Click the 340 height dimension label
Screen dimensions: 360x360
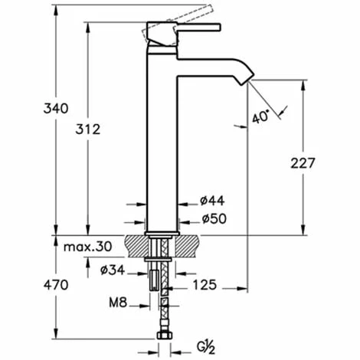tap(56, 108)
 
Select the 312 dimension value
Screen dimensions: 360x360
tap(88, 129)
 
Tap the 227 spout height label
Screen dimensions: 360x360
tap(303, 163)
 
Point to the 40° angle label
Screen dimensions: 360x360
tap(260, 116)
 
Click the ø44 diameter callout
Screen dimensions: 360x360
tap(212, 201)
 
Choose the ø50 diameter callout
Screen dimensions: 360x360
tap(214, 218)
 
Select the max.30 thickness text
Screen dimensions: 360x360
tap(87, 247)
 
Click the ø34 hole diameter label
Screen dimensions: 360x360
tap(113, 270)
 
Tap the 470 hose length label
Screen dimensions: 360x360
tap(56, 285)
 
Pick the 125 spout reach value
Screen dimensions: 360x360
tap(205, 285)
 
